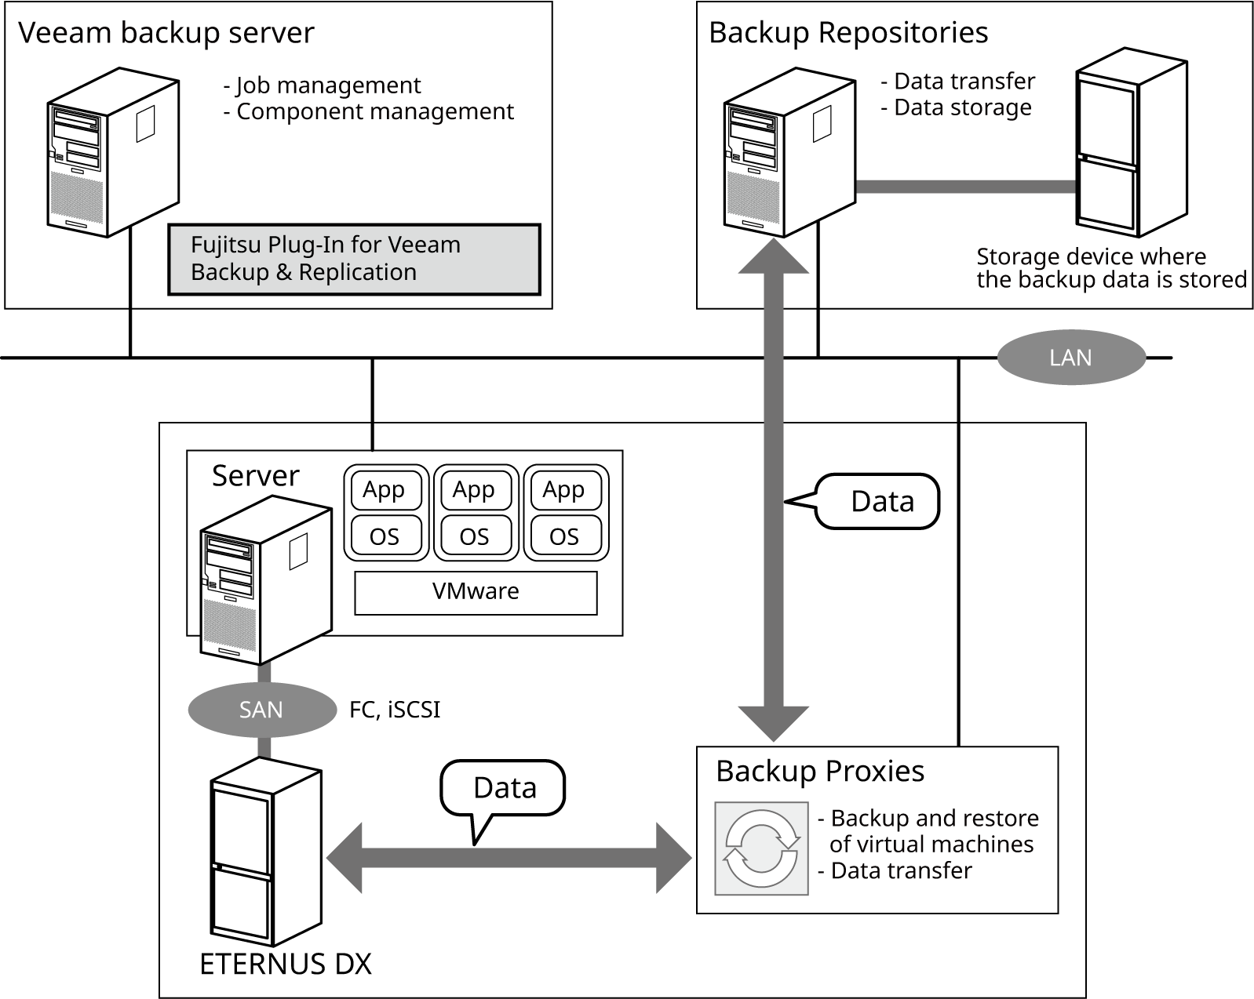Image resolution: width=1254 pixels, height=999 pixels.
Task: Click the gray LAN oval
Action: pyautogui.click(x=1071, y=358)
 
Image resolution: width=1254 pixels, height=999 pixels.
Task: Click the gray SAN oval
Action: pyautogui.click(x=261, y=710)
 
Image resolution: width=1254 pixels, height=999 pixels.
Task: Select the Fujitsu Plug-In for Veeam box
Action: pyautogui.click(x=354, y=260)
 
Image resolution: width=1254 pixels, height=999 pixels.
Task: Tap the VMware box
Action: pyautogui.click(x=476, y=592)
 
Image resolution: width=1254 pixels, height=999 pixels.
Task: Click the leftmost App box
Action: pyautogui.click(x=385, y=490)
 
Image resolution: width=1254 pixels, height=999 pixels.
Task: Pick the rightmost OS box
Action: pyautogui.click(x=564, y=536)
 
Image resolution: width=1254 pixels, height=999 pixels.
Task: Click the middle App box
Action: pyautogui.click(x=474, y=490)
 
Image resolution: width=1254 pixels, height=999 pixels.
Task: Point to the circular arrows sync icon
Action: pyautogui.click(x=761, y=848)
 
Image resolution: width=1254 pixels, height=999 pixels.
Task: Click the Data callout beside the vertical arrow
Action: pyautogui.click(x=879, y=501)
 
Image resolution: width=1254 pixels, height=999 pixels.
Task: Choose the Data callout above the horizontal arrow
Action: pyautogui.click(x=504, y=788)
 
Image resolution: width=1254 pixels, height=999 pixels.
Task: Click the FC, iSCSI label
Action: pyautogui.click(x=395, y=710)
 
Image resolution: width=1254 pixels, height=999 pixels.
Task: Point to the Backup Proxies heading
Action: pyautogui.click(x=820, y=772)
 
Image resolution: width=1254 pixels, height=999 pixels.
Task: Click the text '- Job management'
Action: pyautogui.click(x=323, y=85)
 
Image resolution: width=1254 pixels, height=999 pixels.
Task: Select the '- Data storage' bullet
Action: pyautogui.click(x=956, y=107)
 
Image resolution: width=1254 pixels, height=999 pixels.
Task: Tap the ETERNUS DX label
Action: pyautogui.click(x=286, y=964)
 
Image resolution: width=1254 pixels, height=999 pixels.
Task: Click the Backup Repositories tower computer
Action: pyautogui.click(x=788, y=153)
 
